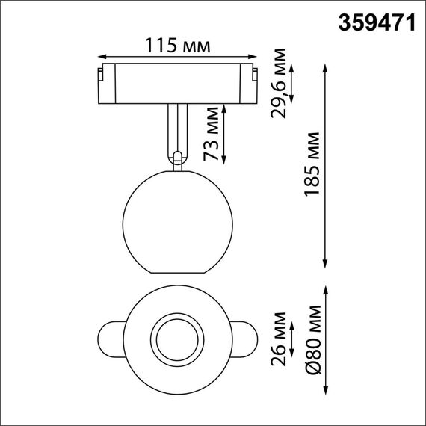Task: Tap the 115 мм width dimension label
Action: click(178, 46)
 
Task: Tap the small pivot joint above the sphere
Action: click(177, 157)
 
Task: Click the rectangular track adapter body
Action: click(177, 83)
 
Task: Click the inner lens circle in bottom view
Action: click(177, 341)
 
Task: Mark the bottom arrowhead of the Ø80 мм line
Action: click(326, 392)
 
